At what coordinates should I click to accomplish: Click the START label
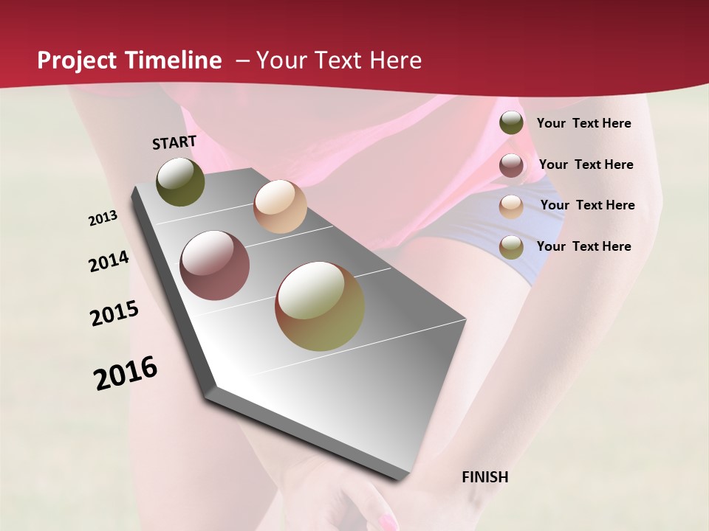[174, 142]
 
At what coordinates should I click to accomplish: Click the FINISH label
[484, 477]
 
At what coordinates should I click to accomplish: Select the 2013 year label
[103, 218]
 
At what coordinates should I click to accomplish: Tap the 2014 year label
[109, 262]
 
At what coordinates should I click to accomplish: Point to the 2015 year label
[114, 313]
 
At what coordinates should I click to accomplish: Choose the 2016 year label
[126, 372]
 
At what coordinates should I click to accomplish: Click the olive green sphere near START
[180, 181]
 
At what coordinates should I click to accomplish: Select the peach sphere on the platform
[280, 206]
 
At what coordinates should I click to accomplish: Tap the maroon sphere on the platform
[215, 265]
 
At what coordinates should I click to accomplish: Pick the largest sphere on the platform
[320, 306]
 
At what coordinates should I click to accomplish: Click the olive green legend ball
[511, 123]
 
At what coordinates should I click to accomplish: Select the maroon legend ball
[511, 165]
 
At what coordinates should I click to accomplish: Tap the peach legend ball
[511, 206]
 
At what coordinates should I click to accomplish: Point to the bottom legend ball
[511, 247]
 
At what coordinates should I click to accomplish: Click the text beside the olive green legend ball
[583, 123]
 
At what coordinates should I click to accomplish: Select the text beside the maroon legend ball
[586, 164]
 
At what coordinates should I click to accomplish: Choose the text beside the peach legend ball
[587, 205]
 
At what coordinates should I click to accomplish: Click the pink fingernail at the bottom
[387, 523]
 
